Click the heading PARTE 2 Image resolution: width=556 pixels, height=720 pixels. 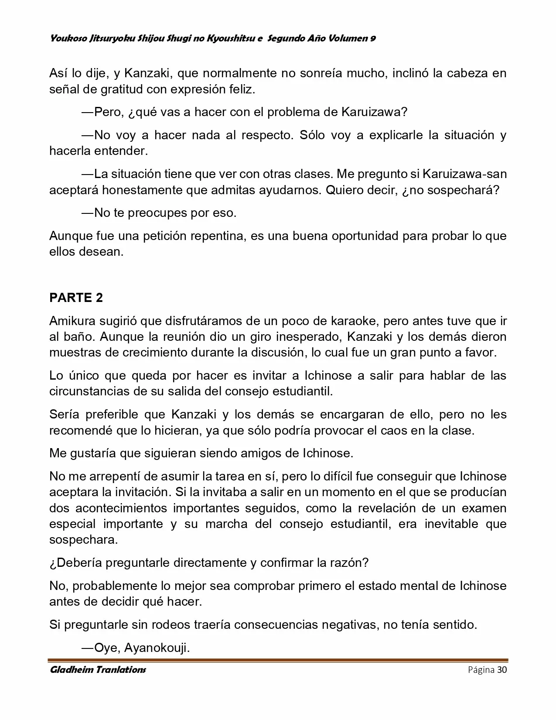(76, 298)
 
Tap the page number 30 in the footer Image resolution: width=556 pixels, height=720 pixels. (502, 670)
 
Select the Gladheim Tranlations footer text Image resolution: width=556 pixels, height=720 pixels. (98, 670)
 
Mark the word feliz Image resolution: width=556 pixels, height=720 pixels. (241, 89)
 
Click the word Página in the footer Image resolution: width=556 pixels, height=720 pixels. (481, 670)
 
